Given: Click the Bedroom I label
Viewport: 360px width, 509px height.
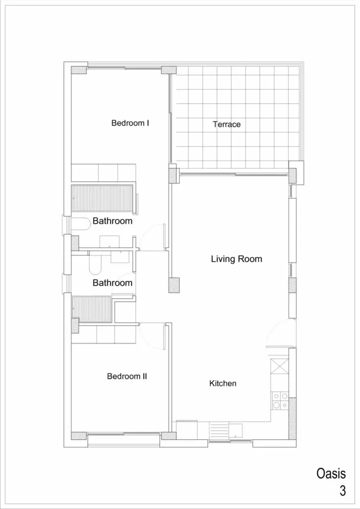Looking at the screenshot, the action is coord(130,123).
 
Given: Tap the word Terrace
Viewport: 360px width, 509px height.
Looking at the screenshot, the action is coord(227,124).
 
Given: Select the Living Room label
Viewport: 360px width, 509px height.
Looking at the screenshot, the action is coord(236,259).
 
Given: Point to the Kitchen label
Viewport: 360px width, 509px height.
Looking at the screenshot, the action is coord(223,383).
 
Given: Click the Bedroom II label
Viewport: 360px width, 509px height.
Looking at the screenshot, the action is coord(127,376).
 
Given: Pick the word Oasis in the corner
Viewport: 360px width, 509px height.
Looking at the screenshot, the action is coord(331,474).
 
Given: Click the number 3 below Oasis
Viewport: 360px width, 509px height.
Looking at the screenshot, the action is coord(343,491).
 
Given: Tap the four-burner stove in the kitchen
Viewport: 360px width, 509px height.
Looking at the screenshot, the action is coord(280,401).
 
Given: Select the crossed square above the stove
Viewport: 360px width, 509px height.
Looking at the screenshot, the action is coord(279,365).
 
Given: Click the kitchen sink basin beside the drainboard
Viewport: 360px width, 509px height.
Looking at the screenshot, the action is coord(236,429).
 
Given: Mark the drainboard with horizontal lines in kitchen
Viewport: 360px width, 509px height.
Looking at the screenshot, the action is coord(219,430).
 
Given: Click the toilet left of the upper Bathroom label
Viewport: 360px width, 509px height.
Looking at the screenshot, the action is coord(81,224).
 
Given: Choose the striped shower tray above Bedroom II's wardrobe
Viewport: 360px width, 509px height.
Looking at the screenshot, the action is coord(92,309).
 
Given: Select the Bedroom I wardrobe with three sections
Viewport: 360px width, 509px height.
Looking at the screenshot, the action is coord(103,172).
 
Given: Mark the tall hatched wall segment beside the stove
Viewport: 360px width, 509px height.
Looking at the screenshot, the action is coord(292,419).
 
